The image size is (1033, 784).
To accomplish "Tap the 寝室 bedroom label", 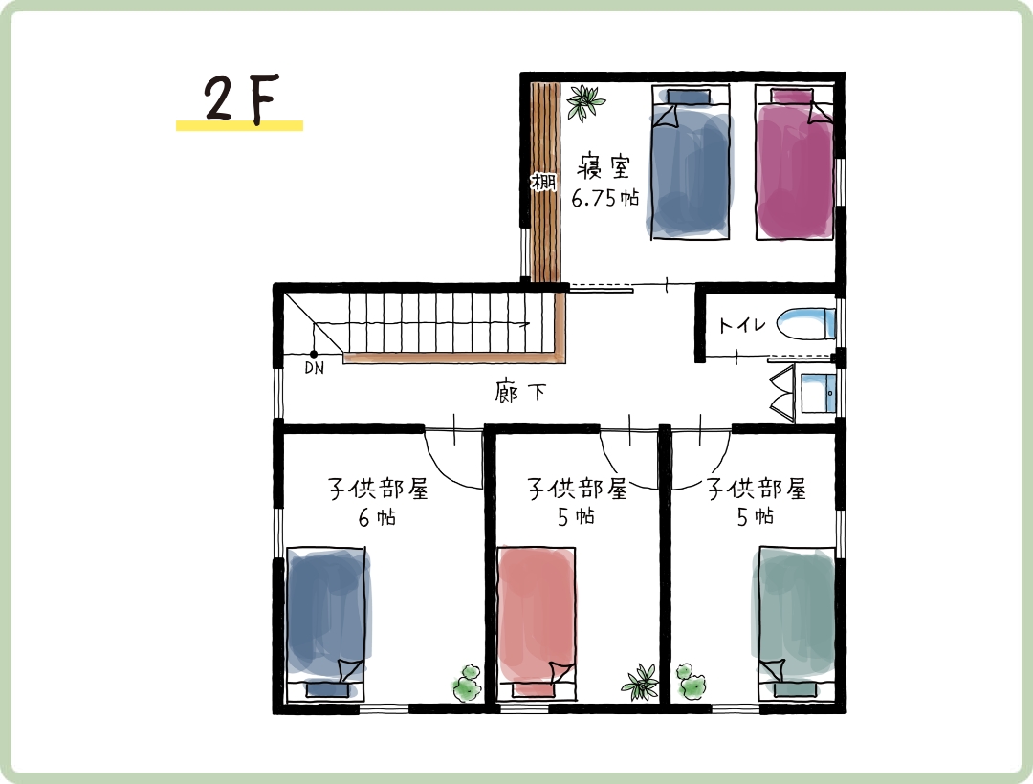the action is [604, 166].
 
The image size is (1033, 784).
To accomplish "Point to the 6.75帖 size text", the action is [604, 198].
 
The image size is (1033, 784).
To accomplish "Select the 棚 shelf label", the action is [543, 181].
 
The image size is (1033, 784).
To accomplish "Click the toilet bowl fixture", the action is [805, 323].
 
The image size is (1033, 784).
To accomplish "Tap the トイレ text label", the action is [742, 324].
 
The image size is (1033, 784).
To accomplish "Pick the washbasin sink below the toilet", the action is [818, 393].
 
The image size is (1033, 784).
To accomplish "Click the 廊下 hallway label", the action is [520, 392].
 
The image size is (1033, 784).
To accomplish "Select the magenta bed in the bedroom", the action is [794, 163].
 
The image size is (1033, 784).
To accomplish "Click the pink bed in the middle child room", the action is [537, 622].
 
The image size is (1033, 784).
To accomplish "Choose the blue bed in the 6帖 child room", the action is [327, 622].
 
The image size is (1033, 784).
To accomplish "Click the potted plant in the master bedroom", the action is [585, 102].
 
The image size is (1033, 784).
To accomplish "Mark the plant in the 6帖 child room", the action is [467, 684].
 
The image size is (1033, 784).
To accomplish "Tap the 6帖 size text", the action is [377, 517].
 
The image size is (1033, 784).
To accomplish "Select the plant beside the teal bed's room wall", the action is [691, 682].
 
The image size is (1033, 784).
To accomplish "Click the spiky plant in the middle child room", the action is [640, 682].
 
